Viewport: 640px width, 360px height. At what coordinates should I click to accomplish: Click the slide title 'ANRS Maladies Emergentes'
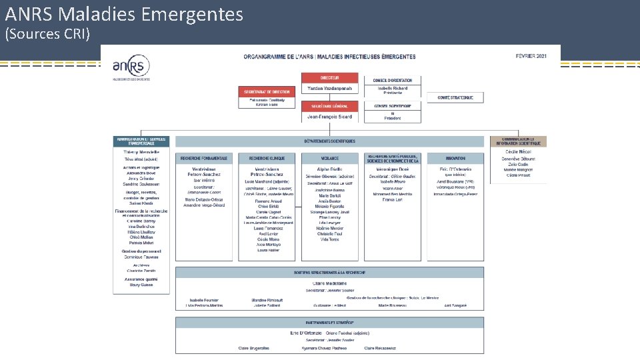tap(124, 13)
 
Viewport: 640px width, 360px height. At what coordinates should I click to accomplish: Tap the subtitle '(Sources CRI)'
tap(47, 33)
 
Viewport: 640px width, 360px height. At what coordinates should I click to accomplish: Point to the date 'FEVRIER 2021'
tap(531, 55)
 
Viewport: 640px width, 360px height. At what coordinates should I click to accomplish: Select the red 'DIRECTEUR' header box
tap(329, 78)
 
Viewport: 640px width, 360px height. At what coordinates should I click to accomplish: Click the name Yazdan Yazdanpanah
tap(329, 89)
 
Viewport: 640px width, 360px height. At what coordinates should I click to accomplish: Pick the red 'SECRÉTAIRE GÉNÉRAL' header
tap(329, 106)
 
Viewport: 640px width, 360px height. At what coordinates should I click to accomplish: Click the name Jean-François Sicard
tap(329, 117)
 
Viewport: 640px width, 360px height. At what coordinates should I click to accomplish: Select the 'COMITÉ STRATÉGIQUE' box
tap(460, 97)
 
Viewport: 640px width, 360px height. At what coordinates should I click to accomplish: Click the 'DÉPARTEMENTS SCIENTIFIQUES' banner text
tap(329, 141)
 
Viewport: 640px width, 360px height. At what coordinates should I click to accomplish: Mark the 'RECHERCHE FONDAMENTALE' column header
tap(203, 159)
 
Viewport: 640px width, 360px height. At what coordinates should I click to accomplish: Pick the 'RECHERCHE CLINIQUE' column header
tap(266, 159)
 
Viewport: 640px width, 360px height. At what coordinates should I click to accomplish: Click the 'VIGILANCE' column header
tap(329, 159)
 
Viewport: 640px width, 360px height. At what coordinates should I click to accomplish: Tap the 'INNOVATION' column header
tap(455, 159)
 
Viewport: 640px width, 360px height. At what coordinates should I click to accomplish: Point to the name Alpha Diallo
tap(329, 169)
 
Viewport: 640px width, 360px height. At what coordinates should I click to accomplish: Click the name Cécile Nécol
tap(518, 152)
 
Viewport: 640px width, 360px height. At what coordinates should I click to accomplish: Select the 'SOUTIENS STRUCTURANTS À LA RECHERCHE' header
tap(329, 273)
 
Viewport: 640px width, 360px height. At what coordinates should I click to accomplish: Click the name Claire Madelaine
tap(329, 283)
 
